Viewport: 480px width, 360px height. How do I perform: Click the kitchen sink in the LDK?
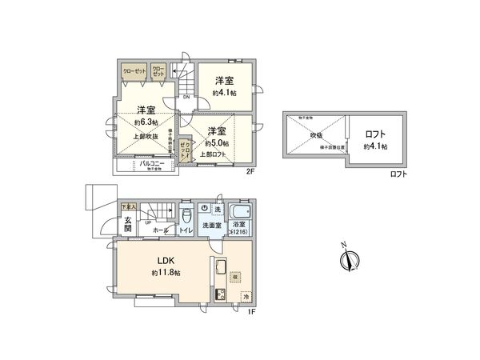click(218, 267)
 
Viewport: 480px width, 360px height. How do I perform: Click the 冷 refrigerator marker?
click(246, 296)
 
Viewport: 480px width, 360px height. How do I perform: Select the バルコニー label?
click(152, 163)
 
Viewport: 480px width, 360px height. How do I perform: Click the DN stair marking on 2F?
click(185, 98)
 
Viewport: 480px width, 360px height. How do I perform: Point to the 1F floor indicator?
click(250, 311)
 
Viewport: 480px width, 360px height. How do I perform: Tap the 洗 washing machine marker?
click(218, 209)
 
